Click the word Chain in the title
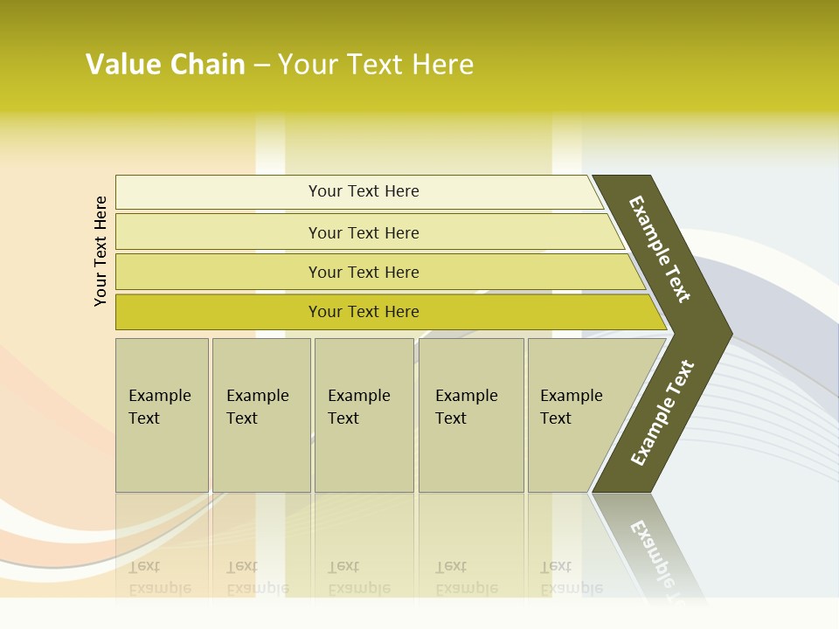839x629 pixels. [208, 65]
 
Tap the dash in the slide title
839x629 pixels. [261, 66]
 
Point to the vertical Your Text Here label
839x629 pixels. [101, 252]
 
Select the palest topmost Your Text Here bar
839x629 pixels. [363, 191]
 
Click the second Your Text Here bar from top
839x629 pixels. [363, 232]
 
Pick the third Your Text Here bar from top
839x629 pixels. [363, 272]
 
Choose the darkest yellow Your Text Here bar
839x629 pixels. [363, 312]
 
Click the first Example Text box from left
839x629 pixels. [162, 415]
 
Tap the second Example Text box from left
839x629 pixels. [261, 415]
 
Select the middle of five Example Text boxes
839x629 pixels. [364, 415]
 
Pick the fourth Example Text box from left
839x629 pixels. [471, 415]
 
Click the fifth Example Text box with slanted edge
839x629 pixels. [577, 415]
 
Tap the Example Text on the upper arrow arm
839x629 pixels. [660, 249]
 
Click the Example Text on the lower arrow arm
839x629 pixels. [662, 413]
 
